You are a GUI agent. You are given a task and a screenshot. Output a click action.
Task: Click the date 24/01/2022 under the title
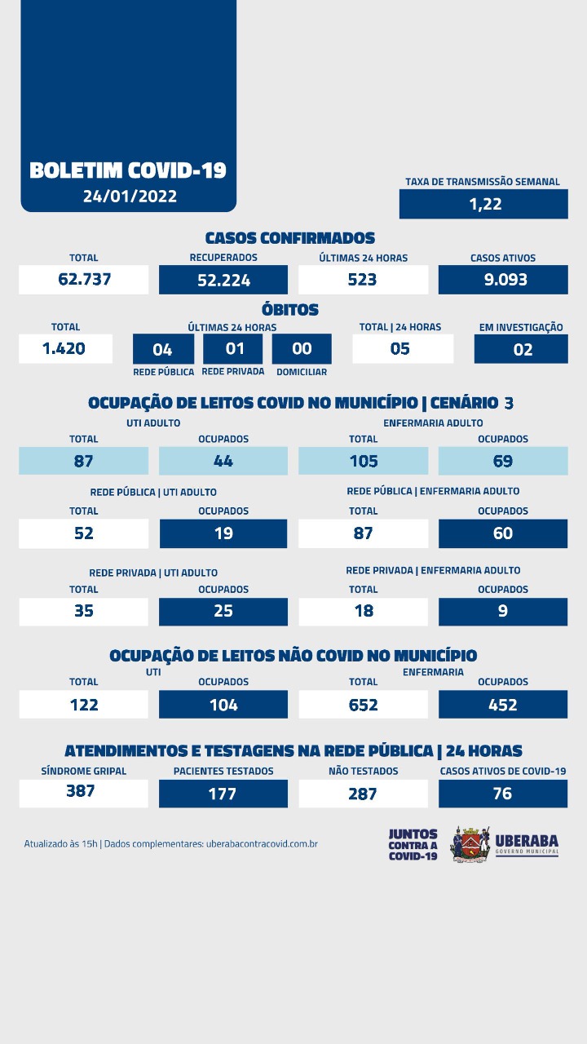[x=129, y=197]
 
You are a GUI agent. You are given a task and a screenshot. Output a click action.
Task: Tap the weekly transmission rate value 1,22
[x=483, y=204]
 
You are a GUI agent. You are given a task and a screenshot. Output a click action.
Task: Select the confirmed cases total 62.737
[x=84, y=279]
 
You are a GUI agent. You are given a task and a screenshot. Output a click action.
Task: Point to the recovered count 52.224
[x=223, y=281]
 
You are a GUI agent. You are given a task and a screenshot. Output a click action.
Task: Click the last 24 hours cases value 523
[x=363, y=279]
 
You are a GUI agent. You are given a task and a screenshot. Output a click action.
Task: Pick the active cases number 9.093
[x=503, y=279]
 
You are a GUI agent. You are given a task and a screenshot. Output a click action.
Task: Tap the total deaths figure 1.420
[x=65, y=349]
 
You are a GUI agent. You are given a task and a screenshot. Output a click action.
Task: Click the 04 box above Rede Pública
[x=163, y=350]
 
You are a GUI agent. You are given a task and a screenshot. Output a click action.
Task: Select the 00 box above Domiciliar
[x=302, y=349]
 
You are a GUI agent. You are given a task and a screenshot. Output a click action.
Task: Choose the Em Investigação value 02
[x=522, y=350]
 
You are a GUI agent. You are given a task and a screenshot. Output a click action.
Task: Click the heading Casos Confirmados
[x=289, y=238]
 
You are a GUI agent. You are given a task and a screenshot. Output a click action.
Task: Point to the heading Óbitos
[x=289, y=310]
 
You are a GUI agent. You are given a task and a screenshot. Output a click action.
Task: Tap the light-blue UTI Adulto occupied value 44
[x=223, y=461]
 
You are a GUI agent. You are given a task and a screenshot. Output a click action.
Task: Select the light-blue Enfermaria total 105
[x=363, y=461]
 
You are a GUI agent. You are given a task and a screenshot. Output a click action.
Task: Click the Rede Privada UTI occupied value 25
[x=223, y=611]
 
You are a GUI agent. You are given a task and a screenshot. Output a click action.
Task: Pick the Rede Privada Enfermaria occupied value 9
[x=503, y=611]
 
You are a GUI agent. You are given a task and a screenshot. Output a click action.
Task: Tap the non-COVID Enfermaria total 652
[x=363, y=704]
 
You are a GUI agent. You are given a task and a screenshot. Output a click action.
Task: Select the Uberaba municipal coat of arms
[x=470, y=843]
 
